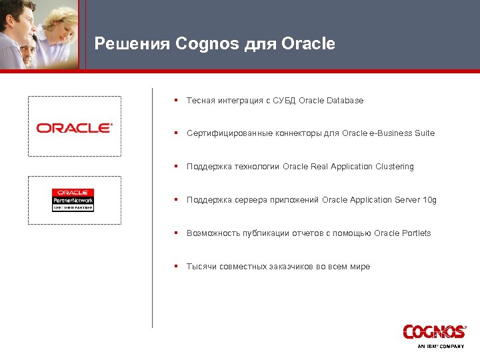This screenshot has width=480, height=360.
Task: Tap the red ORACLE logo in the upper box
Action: (x=74, y=127)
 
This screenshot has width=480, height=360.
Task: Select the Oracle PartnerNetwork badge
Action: (x=73, y=200)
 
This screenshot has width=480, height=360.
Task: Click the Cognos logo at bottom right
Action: (x=434, y=331)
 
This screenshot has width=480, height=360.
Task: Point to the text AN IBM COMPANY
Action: (x=441, y=347)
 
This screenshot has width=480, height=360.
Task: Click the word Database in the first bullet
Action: (x=345, y=101)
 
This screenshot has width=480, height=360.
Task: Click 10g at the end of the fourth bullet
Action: (x=430, y=200)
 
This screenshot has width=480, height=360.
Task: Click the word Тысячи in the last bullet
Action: (x=201, y=267)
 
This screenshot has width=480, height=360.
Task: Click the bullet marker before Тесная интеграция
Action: (x=175, y=101)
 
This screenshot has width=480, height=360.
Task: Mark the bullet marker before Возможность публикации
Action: (x=175, y=233)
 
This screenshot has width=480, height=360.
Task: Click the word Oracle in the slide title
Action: (x=309, y=44)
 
